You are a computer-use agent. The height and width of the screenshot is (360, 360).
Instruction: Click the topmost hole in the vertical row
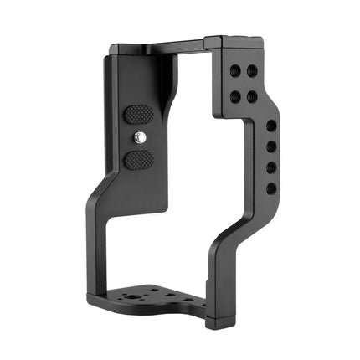coord(271,126)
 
